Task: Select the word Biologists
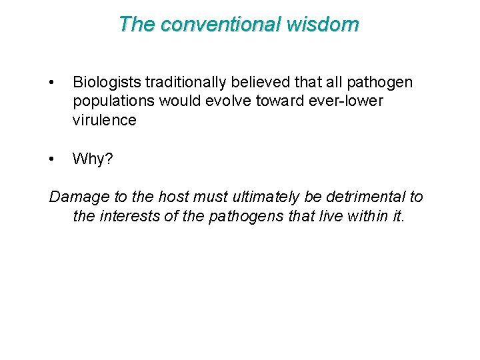107,83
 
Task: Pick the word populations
113,101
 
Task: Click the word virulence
104,121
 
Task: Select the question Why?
93,159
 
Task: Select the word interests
127,217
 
